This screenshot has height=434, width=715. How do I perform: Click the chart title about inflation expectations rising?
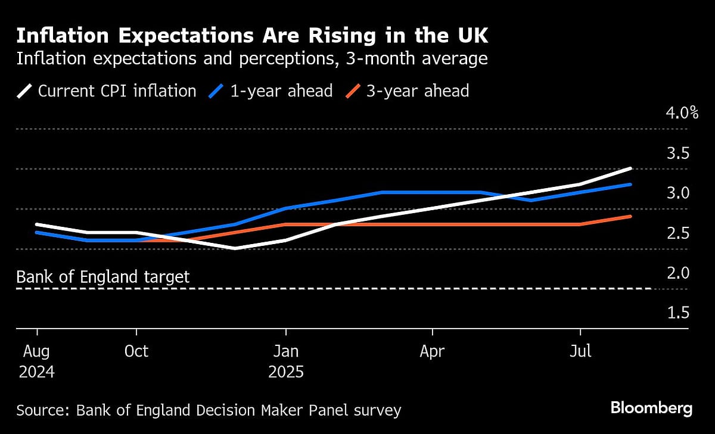pos(252,36)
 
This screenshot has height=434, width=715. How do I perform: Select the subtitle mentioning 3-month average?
pos(252,59)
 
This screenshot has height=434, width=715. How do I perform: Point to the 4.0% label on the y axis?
pos(682,113)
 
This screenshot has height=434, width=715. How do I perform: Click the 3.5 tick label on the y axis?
pos(678,153)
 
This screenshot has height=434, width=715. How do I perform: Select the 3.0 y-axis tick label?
pos(678,193)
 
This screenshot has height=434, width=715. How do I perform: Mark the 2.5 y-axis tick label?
pos(678,233)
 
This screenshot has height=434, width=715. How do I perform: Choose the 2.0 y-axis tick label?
pos(678,273)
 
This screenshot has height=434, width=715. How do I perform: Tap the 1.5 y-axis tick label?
pos(678,313)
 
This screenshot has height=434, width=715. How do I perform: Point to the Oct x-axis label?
pos(136,352)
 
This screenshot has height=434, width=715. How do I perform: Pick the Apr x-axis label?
pos(432,352)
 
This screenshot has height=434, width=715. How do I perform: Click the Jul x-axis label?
pos(580,352)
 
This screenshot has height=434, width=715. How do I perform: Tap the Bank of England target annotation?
pos(103,277)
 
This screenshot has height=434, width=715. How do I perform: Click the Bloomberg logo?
pos(651,408)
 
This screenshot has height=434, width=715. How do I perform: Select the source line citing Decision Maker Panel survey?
pos(209,410)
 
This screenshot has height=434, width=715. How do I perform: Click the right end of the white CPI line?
pos(630,168)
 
